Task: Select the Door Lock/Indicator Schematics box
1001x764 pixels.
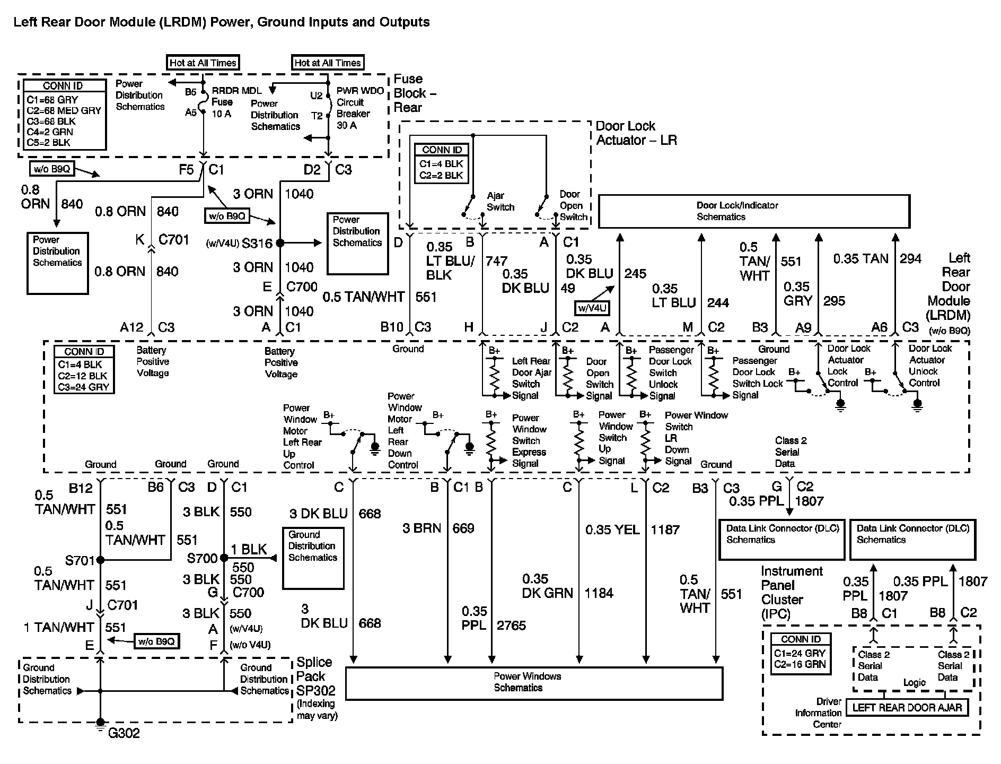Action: pyautogui.click(x=753, y=211)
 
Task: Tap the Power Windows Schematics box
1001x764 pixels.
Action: pyautogui.click(x=534, y=683)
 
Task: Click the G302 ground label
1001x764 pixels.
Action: pyautogui.click(x=124, y=734)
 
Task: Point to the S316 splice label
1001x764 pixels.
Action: pyautogui.click(x=257, y=244)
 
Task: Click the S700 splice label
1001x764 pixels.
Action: pyautogui.click(x=202, y=558)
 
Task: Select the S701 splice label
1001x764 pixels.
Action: pyautogui.click(x=80, y=560)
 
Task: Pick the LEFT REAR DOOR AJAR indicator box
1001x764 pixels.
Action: pyautogui.click(x=907, y=708)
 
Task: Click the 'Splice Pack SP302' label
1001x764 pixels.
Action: pyautogui.click(x=315, y=676)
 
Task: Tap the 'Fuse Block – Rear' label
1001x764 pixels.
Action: pyautogui.click(x=415, y=93)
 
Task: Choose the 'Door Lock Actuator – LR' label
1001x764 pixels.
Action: pyautogui.click(x=636, y=133)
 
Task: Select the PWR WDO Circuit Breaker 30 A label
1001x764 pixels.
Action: pyautogui.click(x=359, y=108)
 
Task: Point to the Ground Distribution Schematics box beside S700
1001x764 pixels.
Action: pyautogui.click(x=313, y=558)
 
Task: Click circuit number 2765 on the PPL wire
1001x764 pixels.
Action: pyautogui.click(x=511, y=626)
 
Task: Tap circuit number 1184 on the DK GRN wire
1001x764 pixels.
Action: pyautogui.click(x=599, y=593)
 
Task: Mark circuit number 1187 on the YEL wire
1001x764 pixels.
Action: pyautogui.click(x=665, y=530)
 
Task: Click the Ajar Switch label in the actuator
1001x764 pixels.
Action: pyautogui.click(x=500, y=202)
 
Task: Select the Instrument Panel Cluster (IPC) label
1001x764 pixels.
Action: pyautogui.click(x=792, y=592)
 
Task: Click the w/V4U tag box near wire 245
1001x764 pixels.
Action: pyautogui.click(x=592, y=308)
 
